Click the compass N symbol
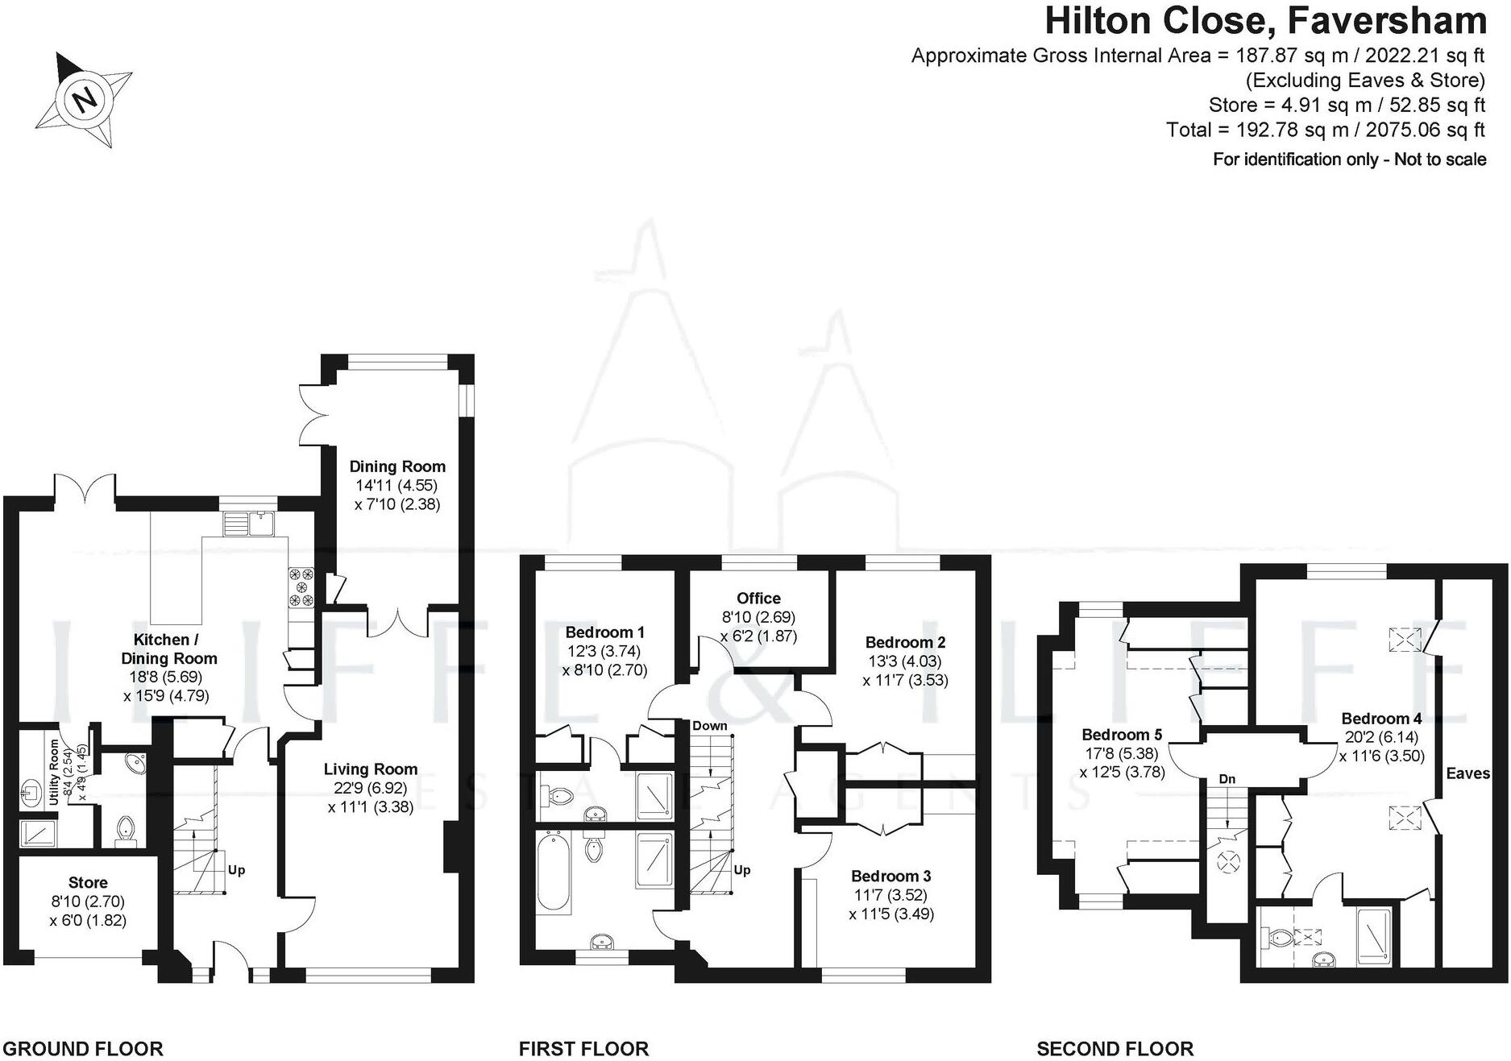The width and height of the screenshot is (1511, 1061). click(x=85, y=100)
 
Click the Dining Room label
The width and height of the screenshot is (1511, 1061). click(x=396, y=466)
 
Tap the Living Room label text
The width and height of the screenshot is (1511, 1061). click(x=371, y=769)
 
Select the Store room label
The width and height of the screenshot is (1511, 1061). click(x=88, y=883)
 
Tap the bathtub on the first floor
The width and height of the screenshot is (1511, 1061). click(x=554, y=872)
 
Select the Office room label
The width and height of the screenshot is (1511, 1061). click(x=758, y=599)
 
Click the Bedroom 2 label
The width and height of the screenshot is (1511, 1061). click(x=905, y=643)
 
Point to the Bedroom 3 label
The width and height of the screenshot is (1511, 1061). click(x=891, y=877)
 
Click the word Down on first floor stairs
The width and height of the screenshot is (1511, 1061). click(x=709, y=726)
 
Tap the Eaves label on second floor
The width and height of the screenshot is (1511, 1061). click(x=1467, y=773)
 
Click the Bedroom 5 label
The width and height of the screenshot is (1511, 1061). click(x=1122, y=735)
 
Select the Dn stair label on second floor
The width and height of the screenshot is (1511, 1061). click(x=1227, y=779)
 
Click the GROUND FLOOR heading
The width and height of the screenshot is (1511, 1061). click(x=83, y=1049)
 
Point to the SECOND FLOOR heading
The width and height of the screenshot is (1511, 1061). click(x=1115, y=1049)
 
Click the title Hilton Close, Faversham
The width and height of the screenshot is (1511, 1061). click(x=1264, y=21)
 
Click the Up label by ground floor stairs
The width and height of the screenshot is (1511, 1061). click(x=236, y=870)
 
